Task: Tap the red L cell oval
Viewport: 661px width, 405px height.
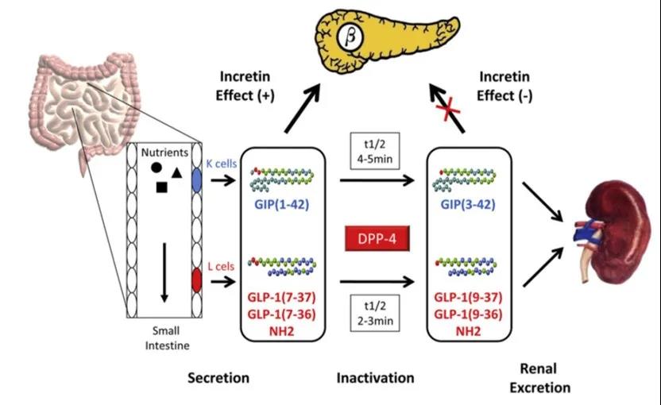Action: tap(198, 280)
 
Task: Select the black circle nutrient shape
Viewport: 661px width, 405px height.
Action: tap(157, 168)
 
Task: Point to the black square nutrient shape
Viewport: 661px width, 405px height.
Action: tap(162, 187)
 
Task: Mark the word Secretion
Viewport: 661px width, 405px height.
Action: tap(218, 378)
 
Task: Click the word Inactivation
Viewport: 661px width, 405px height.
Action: tap(375, 378)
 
